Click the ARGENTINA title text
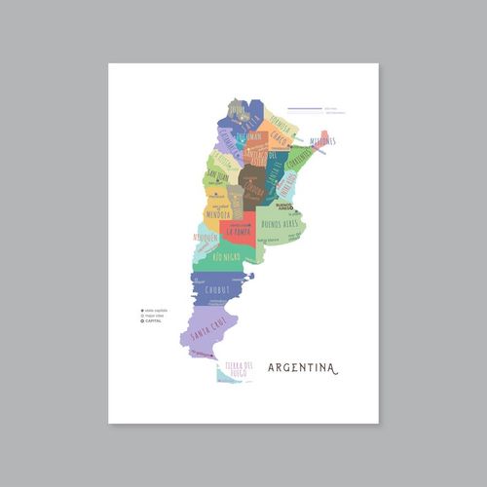pyautogui.click(x=302, y=368)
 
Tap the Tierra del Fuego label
pyautogui.click(x=239, y=368)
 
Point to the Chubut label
pyautogui.click(x=217, y=288)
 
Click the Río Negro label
pyautogui.click(x=226, y=257)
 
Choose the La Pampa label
pyautogui.click(x=239, y=232)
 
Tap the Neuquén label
pyautogui.click(x=206, y=237)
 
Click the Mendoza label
pyautogui.click(x=216, y=213)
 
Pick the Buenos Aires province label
pyautogui.click(x=279, y=224)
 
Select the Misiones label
pyautogui.click(x=322, y=141)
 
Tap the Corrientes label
pyautogui.click(x=298, y=156)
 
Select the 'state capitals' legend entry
pyautogui.click(x=154, y=310)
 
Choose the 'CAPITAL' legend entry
pyautogui.click(x=152, y=320)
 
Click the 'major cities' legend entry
pyautogui.click(x=153, y=316)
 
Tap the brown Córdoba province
pyautogui.click(x=252, y=185)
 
